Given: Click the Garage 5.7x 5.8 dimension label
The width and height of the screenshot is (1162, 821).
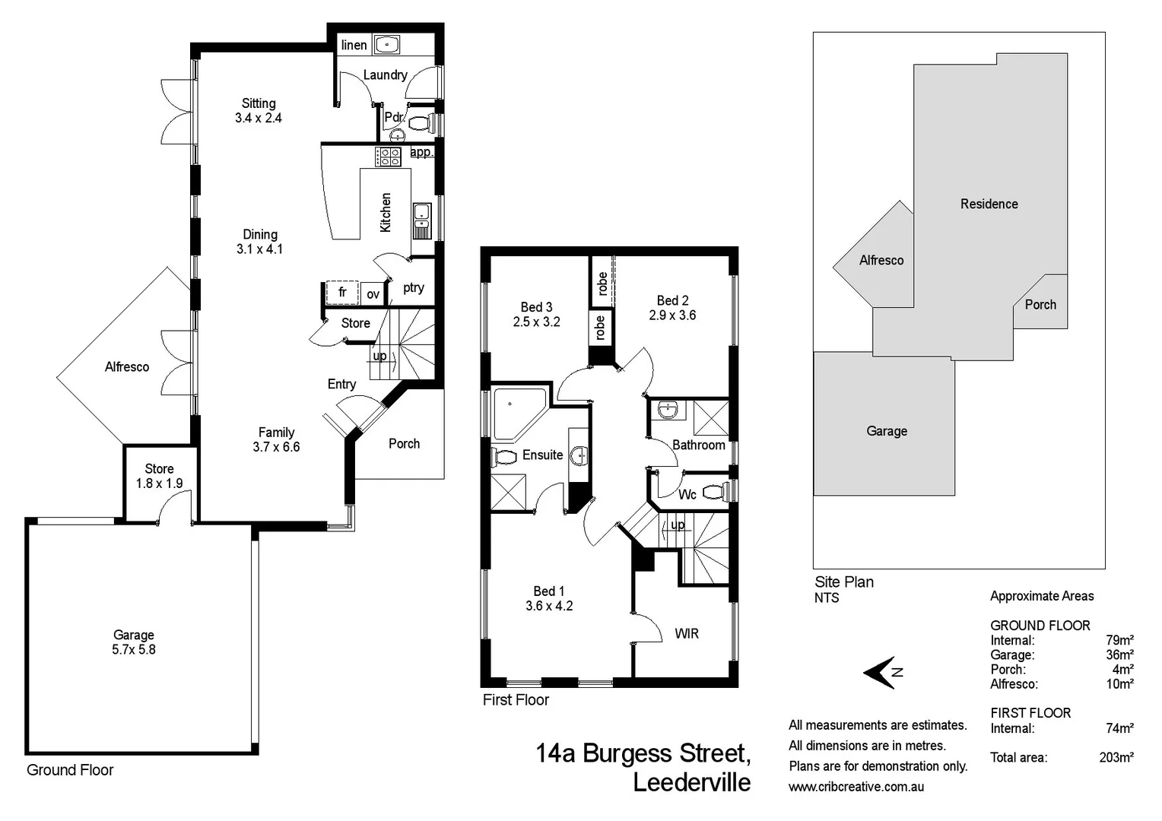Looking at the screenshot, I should (x=134, y=642).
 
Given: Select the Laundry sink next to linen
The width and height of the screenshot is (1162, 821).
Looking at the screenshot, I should (x=387, y=45).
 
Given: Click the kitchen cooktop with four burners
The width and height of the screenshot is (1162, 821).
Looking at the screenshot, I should (x=389, y=157).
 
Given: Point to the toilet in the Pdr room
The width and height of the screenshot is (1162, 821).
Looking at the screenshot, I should (x=421, y=122).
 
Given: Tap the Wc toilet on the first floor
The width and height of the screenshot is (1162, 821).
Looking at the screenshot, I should (x=716, y=491).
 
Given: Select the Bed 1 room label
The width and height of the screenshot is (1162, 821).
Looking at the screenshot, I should (x=549, y=598).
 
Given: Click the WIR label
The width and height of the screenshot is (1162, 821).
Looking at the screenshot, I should (x=686, y=633).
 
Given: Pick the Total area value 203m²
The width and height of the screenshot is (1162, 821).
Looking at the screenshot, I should (x=1116, y=757).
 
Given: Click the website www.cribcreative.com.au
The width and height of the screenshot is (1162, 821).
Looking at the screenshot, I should (x=856, y=787).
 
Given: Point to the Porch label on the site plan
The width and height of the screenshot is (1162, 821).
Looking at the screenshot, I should (x=1040, y=305).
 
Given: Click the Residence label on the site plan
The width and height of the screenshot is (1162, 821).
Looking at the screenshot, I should (x=989, y=204).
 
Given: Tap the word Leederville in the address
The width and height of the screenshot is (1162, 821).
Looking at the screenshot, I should (x=691, y=782).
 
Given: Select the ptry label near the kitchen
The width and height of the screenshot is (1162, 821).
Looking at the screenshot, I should (x=414, y=287).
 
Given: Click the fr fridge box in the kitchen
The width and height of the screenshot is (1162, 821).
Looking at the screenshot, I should (x=342, y=293).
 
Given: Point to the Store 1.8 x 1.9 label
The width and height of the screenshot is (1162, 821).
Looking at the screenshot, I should (x=159, y=476).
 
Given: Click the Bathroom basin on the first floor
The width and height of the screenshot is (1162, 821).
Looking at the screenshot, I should (x=668, y=410).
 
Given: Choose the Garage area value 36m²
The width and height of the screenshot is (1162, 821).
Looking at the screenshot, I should (x=1119, y=655).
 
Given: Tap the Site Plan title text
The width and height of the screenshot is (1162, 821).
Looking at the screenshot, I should (x=844, y=582).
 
